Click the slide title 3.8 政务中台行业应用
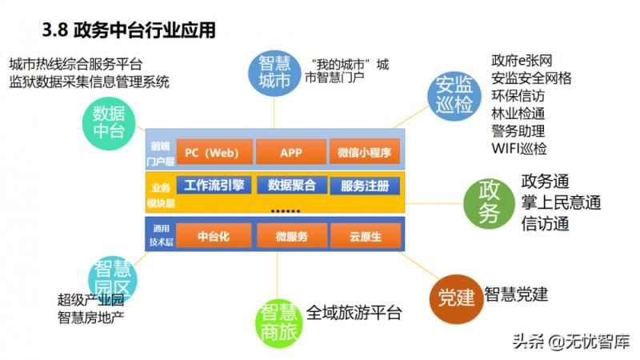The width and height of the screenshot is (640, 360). (x=129, y=31)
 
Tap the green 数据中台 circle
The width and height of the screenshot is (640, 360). (x=110, y=122)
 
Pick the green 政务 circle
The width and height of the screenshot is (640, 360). (x=489, y=202)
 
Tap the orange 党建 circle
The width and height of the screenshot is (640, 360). (x=457, y=297)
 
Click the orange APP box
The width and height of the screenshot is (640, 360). (x=290, y=152)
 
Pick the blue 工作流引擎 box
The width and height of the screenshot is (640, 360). (x=214, y=186)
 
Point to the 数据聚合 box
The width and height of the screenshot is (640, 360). (x=290, y=186)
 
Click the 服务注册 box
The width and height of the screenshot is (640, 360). (x=365, y=186)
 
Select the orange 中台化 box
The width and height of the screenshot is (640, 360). (x=214, y=236)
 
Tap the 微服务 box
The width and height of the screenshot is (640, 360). (x=290, y=236)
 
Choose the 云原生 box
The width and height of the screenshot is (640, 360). (x=365, y=236)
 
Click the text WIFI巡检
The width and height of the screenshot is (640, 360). (x=519, y=148)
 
